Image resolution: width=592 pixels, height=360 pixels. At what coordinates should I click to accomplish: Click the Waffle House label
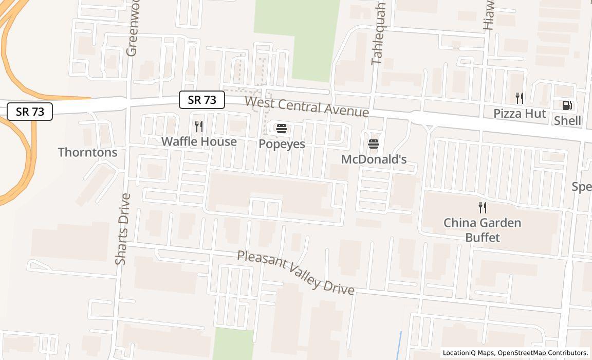pyautogui.click(x=199, y=141)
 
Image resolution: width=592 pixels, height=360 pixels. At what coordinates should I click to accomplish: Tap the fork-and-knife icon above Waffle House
pyautogui.click(x=199, y=127)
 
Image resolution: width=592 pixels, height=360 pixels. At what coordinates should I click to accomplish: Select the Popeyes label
pyautogui.click(x=282, y=144)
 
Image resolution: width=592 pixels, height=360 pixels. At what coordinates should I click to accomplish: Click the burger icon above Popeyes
pyautogui.click(x=281, y=129)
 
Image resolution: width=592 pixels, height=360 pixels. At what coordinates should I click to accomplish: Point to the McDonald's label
pyautogui.click(x=374, y=159)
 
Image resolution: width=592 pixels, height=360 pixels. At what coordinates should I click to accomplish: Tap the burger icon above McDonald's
pyautogui.click(x=374, y=144)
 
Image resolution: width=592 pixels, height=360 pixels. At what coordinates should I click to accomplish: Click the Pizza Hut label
pyautogui.click(x=520, y=113)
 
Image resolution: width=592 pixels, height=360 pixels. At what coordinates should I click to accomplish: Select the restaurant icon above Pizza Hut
pyautogui.click(x=520, y=98)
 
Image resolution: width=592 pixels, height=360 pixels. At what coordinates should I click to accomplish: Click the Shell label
pyautogui.click(x=567, y=120)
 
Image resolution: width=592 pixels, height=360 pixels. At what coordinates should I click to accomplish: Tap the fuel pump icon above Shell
pyautogui.click(x=567, y=106)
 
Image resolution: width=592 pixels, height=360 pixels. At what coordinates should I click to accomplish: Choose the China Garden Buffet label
pyautogui.click(x=482, y=230)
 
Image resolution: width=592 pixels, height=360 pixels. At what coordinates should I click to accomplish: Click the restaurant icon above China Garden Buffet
pyautogui.click(x=482, y=208)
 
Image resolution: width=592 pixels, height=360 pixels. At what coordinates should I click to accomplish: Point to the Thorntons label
pyautogui.click(x=87, y=152)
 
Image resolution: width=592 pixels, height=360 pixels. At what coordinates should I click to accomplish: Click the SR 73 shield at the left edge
pyautogui.click(x=30, y=112)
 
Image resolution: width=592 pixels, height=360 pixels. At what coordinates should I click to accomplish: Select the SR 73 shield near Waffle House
pyautogui.click(x=202, y=100)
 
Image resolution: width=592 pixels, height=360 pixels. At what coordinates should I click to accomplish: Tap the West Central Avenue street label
pyautogui.click(x=307, y=106)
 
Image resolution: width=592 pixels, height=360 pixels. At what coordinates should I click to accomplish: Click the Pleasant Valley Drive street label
pyautogui.click(x=295, y=273)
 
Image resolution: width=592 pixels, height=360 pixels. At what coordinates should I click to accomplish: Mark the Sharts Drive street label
pyautogui.click(x=122, y=229)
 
